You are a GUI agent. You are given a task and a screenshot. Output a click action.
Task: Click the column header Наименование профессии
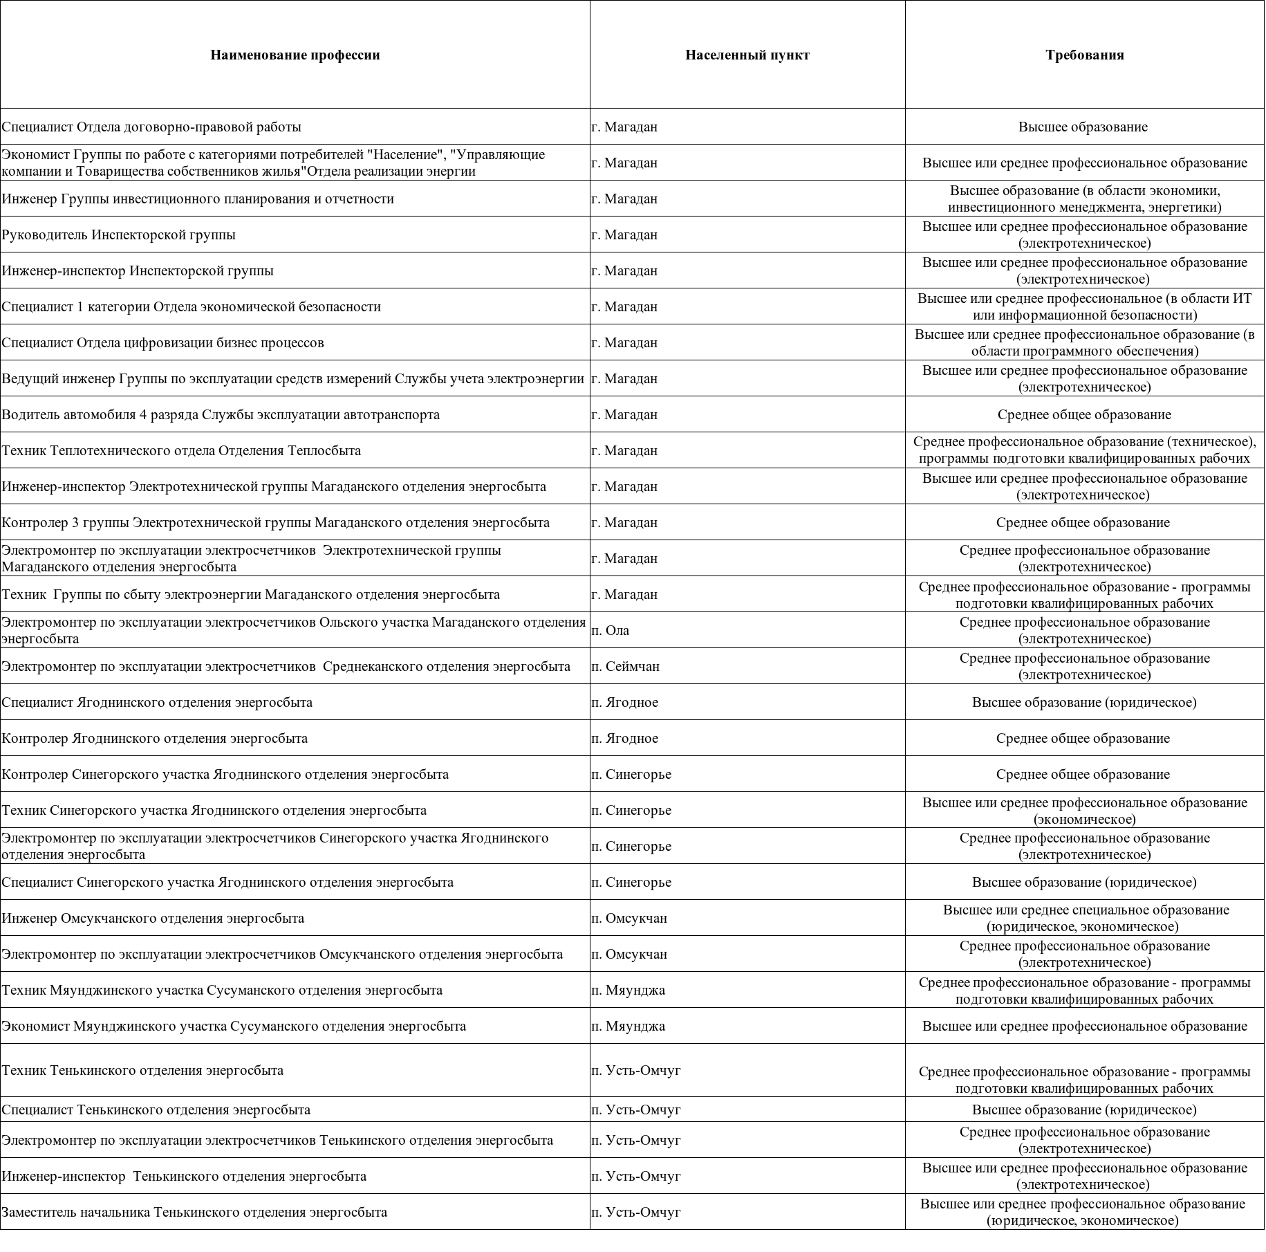click(295, 55)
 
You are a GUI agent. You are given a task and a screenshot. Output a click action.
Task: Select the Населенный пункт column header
click(747, 55)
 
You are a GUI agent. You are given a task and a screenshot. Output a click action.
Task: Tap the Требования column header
click(1084, 55)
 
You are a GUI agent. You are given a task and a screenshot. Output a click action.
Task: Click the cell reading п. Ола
click(611, 630)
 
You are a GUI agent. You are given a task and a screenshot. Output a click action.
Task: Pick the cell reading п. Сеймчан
click(625, 666)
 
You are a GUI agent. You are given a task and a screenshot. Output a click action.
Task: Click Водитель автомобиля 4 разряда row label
click(221, 414)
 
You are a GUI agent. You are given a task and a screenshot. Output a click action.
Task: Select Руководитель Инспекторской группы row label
click(118, 234)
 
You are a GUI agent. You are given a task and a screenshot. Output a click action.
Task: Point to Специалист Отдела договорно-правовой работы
click(151, 127)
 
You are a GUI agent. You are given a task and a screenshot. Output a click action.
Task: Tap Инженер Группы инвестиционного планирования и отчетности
click(198, 199)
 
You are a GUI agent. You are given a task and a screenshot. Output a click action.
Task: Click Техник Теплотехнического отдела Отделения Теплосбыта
click(181, 450)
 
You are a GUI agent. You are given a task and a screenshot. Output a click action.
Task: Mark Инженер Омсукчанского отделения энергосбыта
click(153, 918)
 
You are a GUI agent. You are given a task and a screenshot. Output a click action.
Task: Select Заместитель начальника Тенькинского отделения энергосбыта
click(194, 1212)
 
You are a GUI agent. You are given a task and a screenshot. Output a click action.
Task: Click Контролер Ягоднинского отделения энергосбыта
click(155, 738)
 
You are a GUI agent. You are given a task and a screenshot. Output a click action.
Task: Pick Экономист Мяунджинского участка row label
click(234, 1026)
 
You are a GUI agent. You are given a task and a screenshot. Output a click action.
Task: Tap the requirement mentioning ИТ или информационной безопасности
click(1084, 306)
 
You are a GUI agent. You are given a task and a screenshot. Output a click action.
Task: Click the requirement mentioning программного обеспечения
click(1084, 342)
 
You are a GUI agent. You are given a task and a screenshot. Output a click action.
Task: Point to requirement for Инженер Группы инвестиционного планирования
click(1084, 199)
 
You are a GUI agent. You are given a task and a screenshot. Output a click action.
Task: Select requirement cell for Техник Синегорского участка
click(1084, 811)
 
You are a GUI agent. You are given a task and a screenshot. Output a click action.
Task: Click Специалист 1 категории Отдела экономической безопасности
click(191, 306)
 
